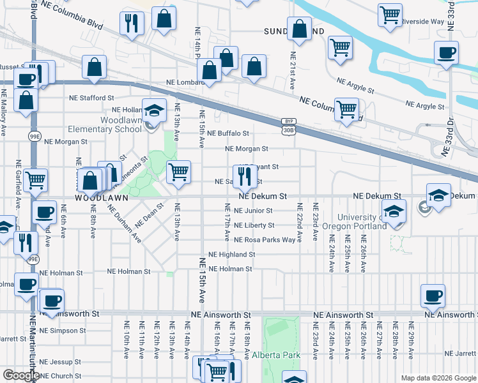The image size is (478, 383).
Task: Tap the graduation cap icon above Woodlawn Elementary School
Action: click(x=154, y=112)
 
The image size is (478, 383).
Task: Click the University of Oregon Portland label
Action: click(x=353, y=223)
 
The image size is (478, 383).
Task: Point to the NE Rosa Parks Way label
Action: click(x=265, y=240)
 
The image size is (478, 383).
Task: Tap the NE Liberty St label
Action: click(x=254, y=225)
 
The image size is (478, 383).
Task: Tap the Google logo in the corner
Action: click(x=21, y=375)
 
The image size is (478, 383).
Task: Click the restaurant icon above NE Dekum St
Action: click(x=244, y=176)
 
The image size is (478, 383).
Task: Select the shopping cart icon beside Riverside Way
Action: click(x=390, y=14)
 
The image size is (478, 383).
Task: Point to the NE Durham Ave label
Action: click(x=124, y=224)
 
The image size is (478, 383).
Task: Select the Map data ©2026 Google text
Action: click(x=438, y=378)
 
